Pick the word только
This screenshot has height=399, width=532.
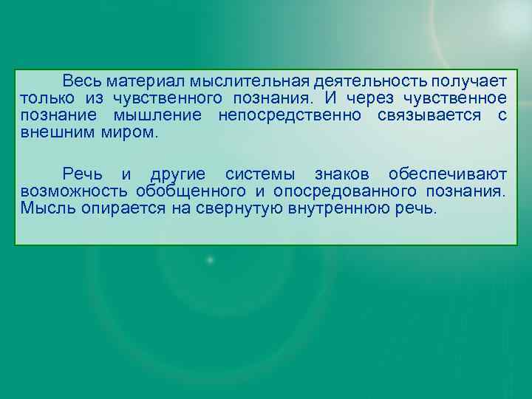(x=46, y=98)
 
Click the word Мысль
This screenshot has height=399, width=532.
(x=44, y=209)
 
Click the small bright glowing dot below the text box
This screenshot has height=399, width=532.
(x=211, y=260)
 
